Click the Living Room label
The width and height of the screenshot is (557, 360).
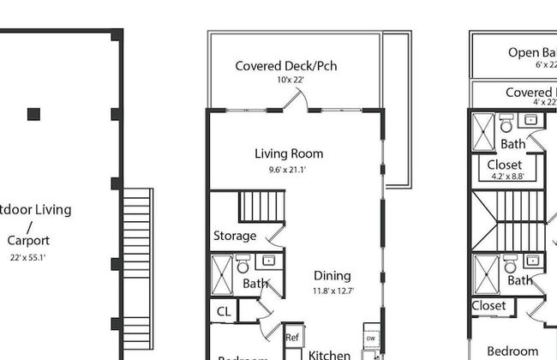pyautogui.click(x=289, y=154)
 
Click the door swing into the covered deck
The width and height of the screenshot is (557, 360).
pyautogui.click(x=297, y=101)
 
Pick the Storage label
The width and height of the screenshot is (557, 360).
pyautogui.click(x=235, y=236)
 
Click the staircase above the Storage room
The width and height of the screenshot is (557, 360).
pyautogui.click(x=259, y=207)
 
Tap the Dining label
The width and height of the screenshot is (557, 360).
pyautogui.click(x=332, y=276)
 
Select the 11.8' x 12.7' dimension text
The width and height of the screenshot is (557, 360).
pyautogui.click(x=332, y=291)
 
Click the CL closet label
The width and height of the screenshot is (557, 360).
pyautogui.click(x=224, y=311)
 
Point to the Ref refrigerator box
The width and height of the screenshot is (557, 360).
pyautogui.click(x=292, y=338)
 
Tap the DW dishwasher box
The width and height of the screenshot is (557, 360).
pyautogui.click(x=371, y=339)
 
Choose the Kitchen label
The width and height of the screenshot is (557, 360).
pyautogui.click(x=329, y=354)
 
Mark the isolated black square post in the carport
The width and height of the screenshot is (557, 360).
pyautogui.click(x=33, y=114)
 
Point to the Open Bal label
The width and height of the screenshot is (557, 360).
pyautogui.click(x=531, y=52)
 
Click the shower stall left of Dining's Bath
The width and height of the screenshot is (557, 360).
pyautogui.click(x=221, y=274)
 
